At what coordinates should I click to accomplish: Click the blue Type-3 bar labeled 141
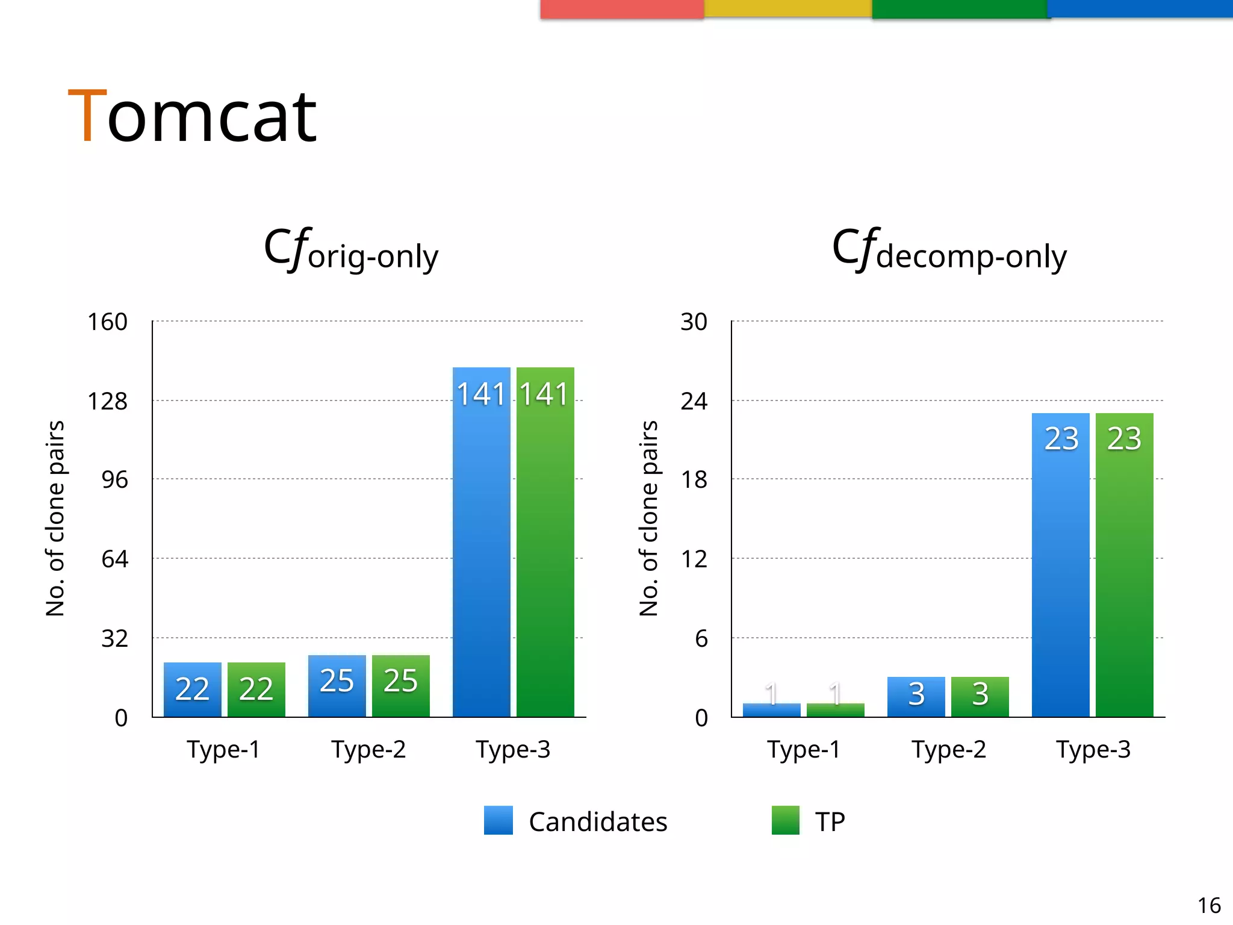pos(481,542)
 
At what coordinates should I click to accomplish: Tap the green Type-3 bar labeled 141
pos(545,542)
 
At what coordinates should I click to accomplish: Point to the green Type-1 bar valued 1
pos(835,709)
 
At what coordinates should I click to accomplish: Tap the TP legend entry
pos(809,821)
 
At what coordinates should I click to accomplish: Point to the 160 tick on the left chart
pos(107,322)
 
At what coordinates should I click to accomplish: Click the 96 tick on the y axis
pos(114,480)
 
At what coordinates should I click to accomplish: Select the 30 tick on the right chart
pos(694,322)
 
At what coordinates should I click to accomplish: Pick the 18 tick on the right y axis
pos(694,480)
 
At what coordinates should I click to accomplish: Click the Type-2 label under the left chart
pos(368,750)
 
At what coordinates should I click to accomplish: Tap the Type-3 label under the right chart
pos(1093,750)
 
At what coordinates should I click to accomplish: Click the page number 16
pos(1208,905)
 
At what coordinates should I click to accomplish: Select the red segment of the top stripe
pos(622,8)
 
